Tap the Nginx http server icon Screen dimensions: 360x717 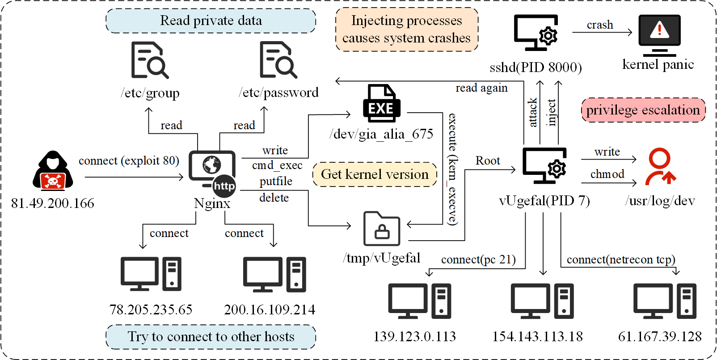point(212,170)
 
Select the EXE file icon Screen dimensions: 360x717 point(381,103)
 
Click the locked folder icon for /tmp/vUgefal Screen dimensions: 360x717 point(381,229)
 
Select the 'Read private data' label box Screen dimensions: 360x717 point(211,21)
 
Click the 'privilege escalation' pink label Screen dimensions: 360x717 point(643,110)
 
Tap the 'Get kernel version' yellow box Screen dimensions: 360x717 point(375,174)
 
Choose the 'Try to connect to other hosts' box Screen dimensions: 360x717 point(211,337)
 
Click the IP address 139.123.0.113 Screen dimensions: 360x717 point(414,336)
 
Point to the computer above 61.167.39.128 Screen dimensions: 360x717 point(664,301)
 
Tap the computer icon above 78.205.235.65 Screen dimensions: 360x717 point(151,274)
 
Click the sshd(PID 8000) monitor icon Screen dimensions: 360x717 point(536,33)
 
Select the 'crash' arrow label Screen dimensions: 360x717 point(600,25)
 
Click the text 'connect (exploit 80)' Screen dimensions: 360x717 point(129,161)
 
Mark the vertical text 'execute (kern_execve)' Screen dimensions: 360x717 point(453,169)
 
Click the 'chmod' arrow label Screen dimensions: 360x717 point(607,174)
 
